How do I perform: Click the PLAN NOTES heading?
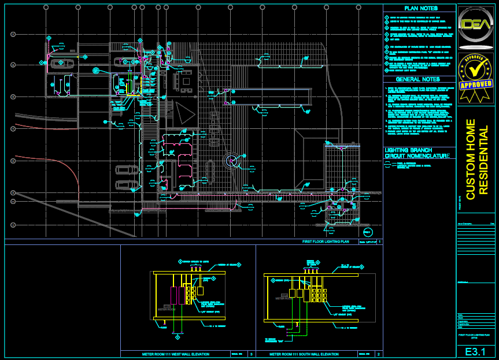click(420, 9)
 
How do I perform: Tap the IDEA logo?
click(476, 27)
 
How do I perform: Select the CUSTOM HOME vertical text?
click(471, 159)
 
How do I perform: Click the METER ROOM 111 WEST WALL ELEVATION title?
click(176, 354)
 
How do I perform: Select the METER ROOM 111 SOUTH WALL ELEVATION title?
click(304, 354)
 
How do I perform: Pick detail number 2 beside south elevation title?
click(379, 354)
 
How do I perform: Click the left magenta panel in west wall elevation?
click(173, 295)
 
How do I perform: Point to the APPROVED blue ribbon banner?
click(476, 84)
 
